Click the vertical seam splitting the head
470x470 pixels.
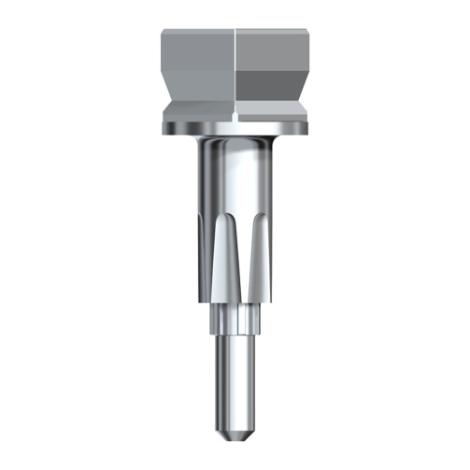(234, 65)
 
